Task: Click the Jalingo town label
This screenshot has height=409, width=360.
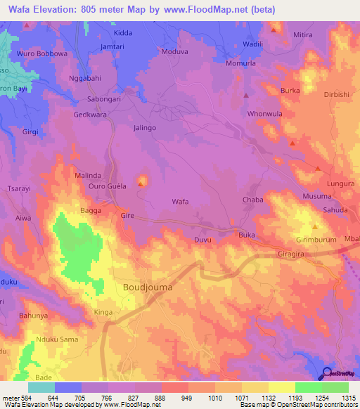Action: [x=144, y=128]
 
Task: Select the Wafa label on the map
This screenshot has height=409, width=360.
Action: [x=181, y=202]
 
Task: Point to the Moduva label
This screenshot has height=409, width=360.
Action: [x=175, y=52]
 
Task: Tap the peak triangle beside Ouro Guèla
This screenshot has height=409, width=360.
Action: [x=141, y=185]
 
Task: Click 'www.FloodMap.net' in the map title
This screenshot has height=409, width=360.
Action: [x=217, y=9]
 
